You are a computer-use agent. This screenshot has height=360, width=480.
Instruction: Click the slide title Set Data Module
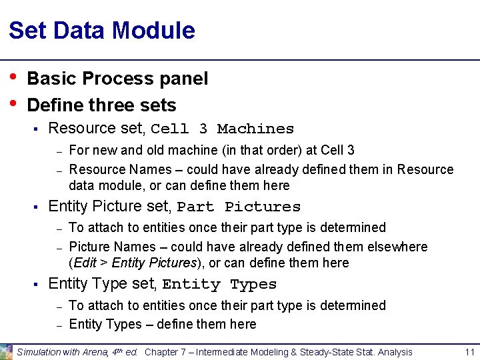(x=102, y=31)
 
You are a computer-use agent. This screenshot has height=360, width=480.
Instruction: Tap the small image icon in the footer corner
(x=6, y=352)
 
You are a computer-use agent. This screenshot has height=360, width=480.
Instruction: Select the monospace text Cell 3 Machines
(x=222, y=129)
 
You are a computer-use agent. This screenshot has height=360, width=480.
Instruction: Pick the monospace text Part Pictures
(x=239, y=207)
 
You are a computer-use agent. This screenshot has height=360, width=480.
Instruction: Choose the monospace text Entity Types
(x=219, y=285)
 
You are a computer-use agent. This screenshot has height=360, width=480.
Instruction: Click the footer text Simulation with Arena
(x=64, y=352)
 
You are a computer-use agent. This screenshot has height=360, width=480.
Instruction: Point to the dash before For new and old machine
(x=59, y=151)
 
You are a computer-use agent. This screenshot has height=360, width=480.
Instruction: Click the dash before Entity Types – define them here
(x=59, y=325)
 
